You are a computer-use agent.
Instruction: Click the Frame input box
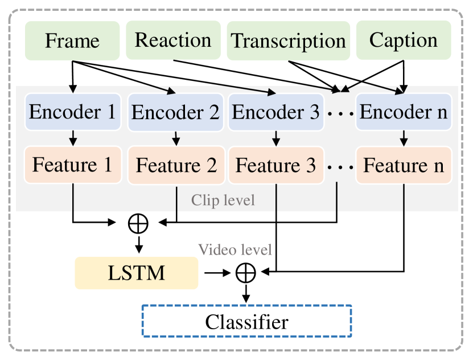click(x=72, y=40)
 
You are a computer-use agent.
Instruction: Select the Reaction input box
click(x=173, y=40)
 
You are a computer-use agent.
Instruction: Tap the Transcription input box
click(x=289, y=40)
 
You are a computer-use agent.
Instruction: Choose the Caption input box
click(x=404, y=40)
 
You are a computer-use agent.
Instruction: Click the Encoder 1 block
click(x=72, y=112)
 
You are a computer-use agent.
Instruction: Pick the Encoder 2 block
click(x=175, y=112)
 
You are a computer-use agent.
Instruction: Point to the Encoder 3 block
click(x=276, y=112)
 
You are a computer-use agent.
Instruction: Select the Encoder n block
click(x=404, y=112)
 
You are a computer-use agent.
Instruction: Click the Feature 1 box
click(x=72, y=165)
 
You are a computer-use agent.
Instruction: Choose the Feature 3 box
click(x=276, y=166)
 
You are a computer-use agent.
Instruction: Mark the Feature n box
click(x=404, y=166)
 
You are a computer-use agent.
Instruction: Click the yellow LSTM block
click(x=137, y=273)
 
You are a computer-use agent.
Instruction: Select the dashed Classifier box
click(x=246, y=322)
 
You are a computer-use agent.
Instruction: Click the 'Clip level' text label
click(x=223, y=200)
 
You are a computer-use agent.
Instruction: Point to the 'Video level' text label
click(x=235, y=249)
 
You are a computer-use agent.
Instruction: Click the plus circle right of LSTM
click(x=246, y=273)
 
